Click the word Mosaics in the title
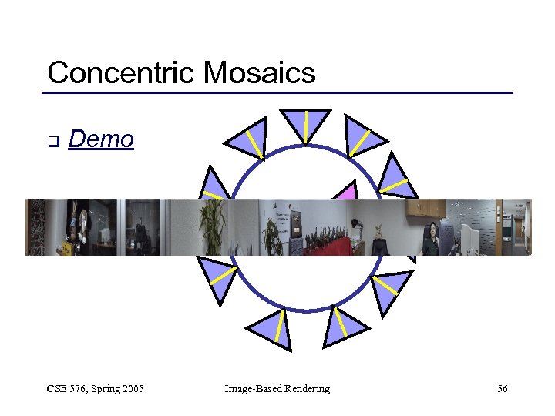[x=260, y=73]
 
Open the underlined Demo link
[x=101, y=139]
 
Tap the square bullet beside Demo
[x=52, y=142]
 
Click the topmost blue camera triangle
[x=305, y=125]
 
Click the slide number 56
[x=502, y=389]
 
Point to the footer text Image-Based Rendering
[x=277, y=389]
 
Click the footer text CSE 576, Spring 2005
[x=96, y=389]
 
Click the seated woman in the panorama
[x=431, y=238]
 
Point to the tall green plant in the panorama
[x=211, y=227]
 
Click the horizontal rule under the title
[x=277, y=93]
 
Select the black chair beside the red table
[x=378, y=246]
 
